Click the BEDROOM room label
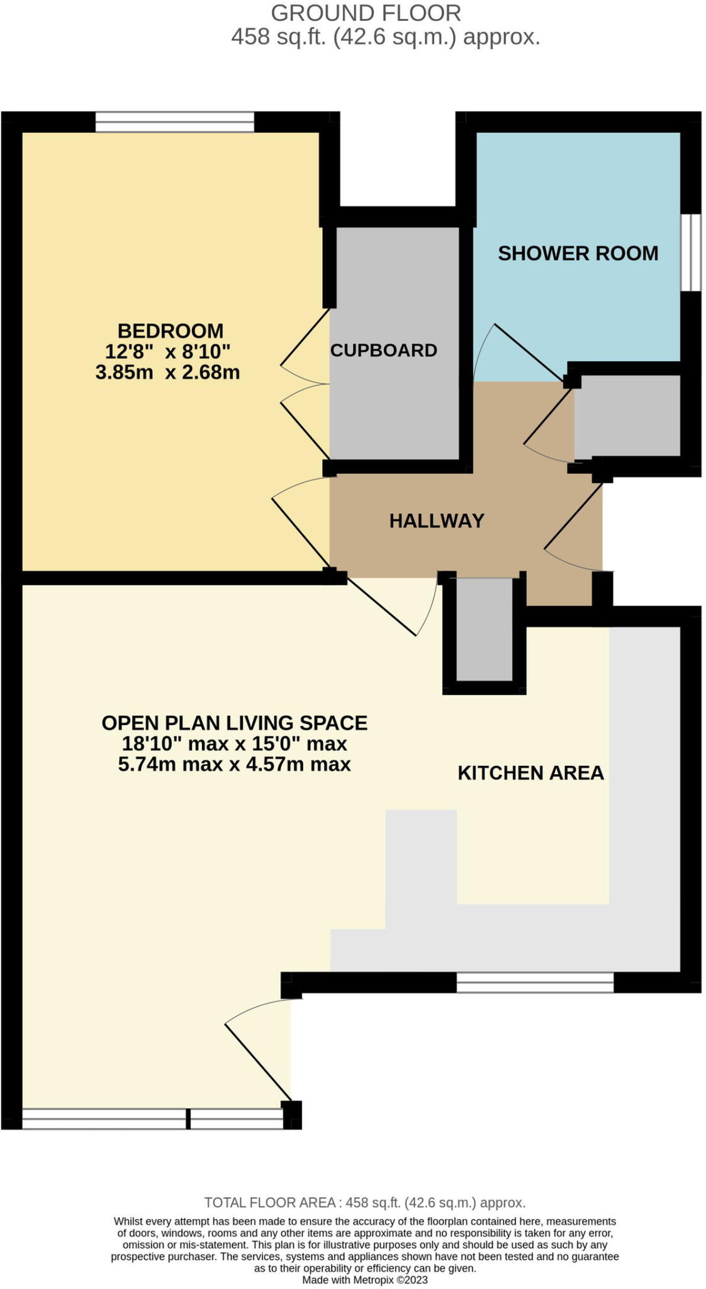tap(171, 330)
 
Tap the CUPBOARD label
tap(383, 350)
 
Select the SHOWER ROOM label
tap(578, 253)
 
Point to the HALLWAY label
tap(437, 521)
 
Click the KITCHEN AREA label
tap(530, 773)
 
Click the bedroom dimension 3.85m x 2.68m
tap(167, 372)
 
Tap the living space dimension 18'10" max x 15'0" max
tap(234, 743)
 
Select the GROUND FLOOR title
tap(366, 13)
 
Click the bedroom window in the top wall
tap(175, 122)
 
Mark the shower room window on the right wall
tap(691, 252)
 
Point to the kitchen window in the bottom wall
tap(534, 982)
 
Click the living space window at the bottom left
tap(152, 1118)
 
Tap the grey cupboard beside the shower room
tap(627, 415)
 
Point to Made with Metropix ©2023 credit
tap(364, 1280)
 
